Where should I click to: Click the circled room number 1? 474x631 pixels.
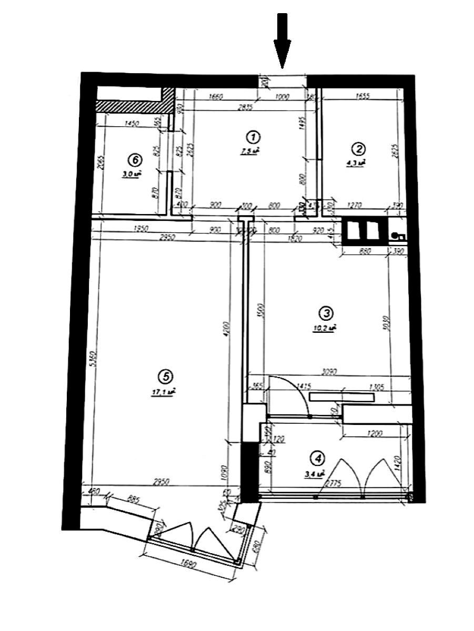pos(253,138)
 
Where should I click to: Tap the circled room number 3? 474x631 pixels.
pos(326,313)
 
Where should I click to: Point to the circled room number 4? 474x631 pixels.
pos(317,459)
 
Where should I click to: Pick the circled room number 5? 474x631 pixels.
pos(165,376)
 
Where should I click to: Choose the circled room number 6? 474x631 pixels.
pos(135,159)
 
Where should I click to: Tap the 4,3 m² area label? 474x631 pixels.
pos(356,163)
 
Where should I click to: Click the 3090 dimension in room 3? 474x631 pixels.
pos(329,372)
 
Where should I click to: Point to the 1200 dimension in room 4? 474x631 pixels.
pos(374,434)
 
